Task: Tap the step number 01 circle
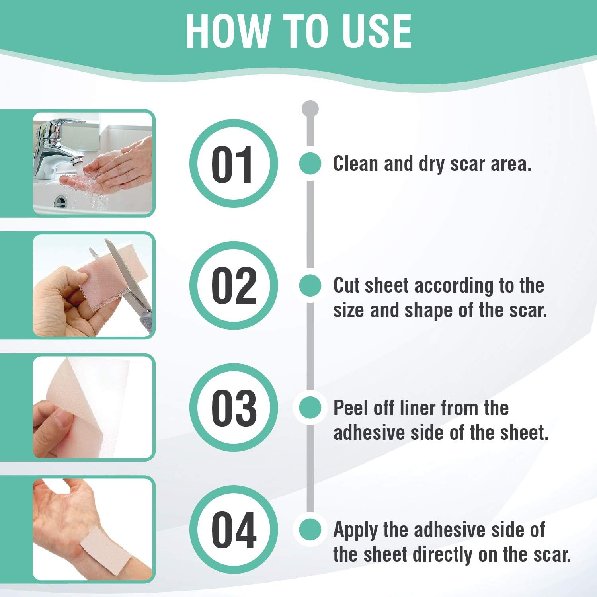pyautogui.click(x=234, y=164)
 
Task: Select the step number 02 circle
pyautogui.click(x=234, y=286)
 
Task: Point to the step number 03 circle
pyautogui.click(x=234, y=408)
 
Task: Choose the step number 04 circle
pyautogui.click(x=234, y=530)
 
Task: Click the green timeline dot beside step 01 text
pyautogui.click(x=310, y=163)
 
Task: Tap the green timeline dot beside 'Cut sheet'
pyautogui.click(x=310, y=285)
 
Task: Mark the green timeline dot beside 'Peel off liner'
pyautogui.click(x=310, y=408)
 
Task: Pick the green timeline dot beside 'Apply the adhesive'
pyautogui.click(x=310, y=530)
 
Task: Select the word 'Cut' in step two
pyautogui.click(x=347, y=285)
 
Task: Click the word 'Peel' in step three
pyautogui.click(x=350, y=408)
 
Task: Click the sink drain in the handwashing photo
pyautogui.click(x=60, y=201)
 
